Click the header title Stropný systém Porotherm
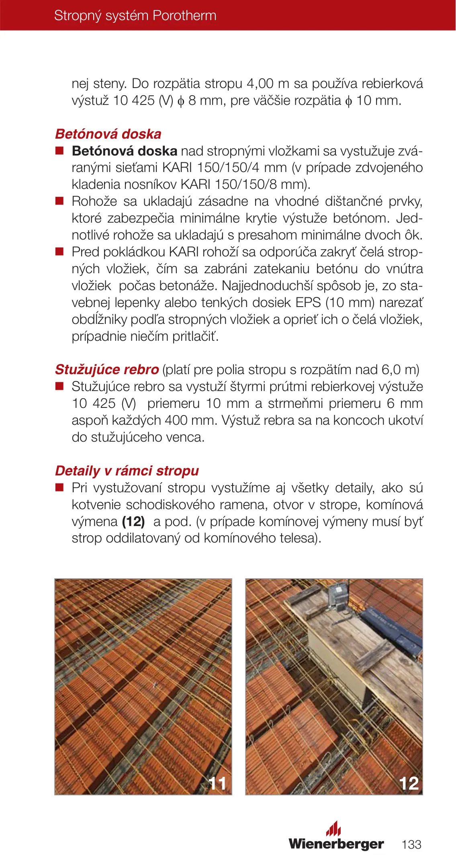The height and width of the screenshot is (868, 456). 135,16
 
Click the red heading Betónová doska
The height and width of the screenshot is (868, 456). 108,134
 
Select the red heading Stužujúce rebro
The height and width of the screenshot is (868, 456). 107,369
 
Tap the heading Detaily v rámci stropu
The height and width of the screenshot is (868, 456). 127,471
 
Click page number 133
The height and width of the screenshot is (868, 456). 411,844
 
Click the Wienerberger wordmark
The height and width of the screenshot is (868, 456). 336,843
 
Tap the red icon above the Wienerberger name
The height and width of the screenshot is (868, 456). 333,829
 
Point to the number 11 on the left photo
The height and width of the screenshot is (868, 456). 218,783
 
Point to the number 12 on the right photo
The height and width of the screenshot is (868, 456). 409,783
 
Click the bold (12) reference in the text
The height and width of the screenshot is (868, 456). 133,521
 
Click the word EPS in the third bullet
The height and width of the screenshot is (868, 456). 308,302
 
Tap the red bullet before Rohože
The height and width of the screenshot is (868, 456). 59,201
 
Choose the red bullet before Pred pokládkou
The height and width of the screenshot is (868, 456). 59,252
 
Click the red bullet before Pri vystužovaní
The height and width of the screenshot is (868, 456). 59,488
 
